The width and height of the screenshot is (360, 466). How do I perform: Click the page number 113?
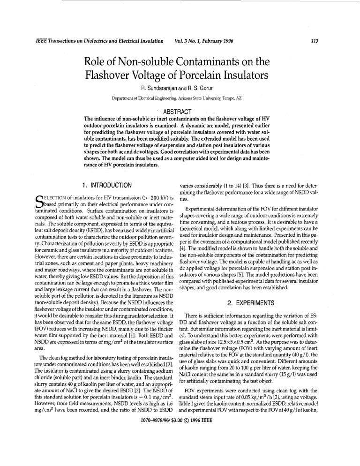coord(315,41)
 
